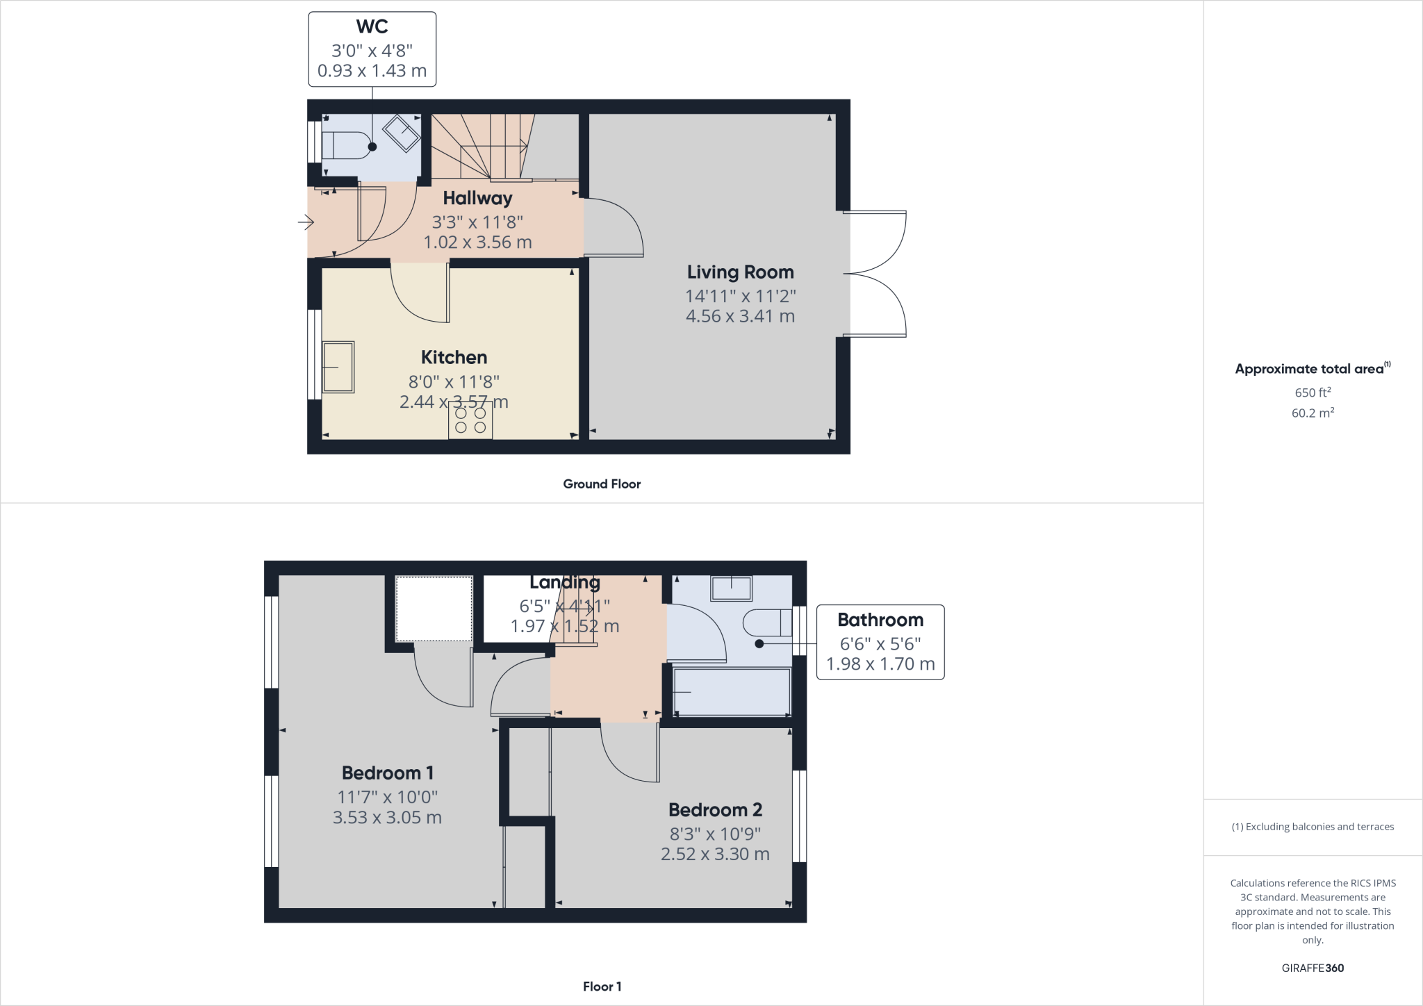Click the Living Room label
click(740, 272)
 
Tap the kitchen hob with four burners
click(470, 420)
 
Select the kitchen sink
click(338, 366)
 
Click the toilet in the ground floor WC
click(345, 146)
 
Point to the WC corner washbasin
click(402, 133)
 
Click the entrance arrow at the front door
click(306, 223)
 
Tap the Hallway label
click(477, 198)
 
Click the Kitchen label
click(454, 357)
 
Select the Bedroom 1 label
click(387, 773)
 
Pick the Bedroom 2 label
click(715, 809)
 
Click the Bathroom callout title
click(880, 620)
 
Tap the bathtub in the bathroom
click(732, 691)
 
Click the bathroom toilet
click(767, 622)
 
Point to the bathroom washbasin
click(731, 588)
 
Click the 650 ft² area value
click(1313, 393)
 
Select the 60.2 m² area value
click(1313, 413)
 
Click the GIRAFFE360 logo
click(1313, 968)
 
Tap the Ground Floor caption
click(602, 484)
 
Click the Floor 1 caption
click(602, 987)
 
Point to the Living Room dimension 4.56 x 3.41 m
click(740, 316)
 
